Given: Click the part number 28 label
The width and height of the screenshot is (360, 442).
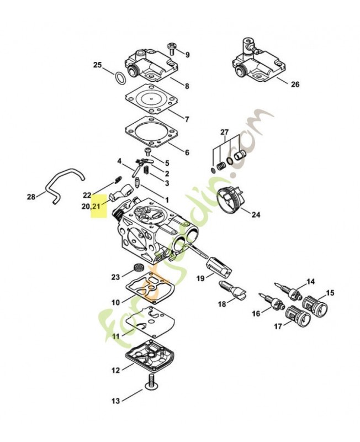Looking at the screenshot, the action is coord(31,197).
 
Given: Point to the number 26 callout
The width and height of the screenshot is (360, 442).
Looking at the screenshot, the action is coord(295,84).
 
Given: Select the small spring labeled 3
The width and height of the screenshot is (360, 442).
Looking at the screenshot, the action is coord(146,170).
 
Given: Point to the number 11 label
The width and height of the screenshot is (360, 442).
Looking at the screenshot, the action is coord(116,336).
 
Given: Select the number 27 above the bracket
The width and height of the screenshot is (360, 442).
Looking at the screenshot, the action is coord(225,132).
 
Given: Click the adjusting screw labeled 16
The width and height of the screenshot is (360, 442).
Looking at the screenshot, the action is coord(272,301).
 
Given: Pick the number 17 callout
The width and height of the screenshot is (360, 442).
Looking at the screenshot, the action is coord(278,326).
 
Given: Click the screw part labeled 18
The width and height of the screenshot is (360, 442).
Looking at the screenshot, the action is coord(232,290).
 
